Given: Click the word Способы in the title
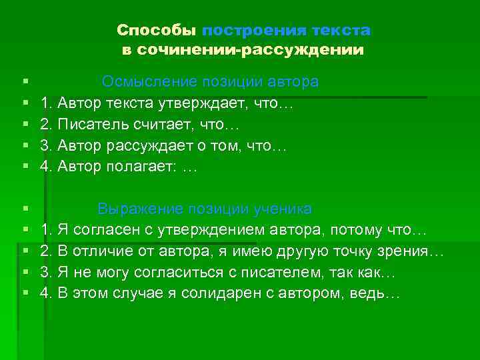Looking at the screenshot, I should (157, 31).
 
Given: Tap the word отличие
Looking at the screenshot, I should (104, 251).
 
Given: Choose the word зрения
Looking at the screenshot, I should (405, 251).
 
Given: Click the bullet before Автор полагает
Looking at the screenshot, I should (25, 167).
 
